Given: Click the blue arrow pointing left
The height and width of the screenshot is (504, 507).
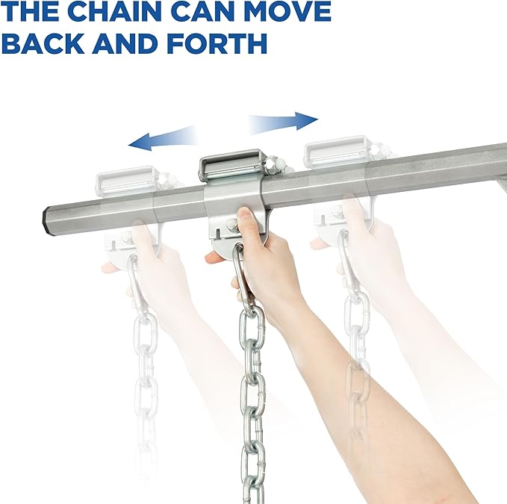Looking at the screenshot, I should coord(161,139).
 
